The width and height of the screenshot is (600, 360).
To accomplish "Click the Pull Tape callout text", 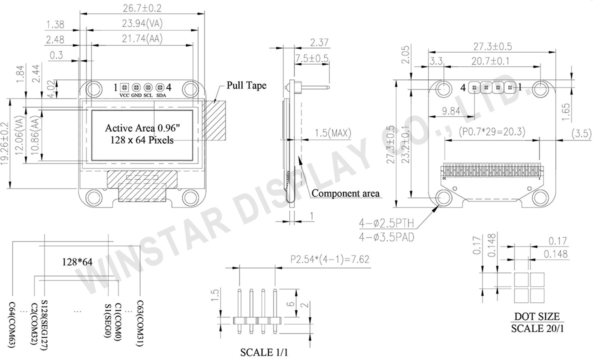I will tap(246, 85).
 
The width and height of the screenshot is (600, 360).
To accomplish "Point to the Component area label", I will tap(345, 193).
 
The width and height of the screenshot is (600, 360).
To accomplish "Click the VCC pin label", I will tap(124, 95).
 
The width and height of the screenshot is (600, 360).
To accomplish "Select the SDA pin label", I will tap(161, 95).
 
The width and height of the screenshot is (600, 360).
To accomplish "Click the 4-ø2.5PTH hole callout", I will tap(386, 222).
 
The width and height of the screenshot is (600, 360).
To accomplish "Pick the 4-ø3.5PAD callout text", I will tap(386, 236).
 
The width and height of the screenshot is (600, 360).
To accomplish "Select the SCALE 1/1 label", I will tap(264, 352).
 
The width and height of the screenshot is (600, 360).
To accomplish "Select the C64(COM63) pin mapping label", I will tap(12, 325).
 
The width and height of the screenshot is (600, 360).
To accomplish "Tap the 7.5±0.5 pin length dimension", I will tap(312, 58).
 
